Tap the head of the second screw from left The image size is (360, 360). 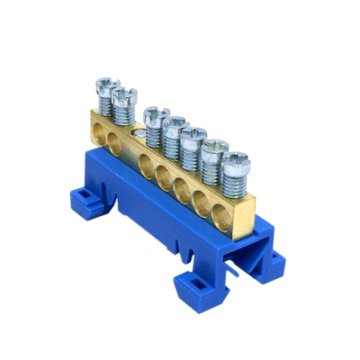click(123, 92)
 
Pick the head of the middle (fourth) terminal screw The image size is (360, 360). click(174, 121)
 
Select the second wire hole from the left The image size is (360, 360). click(113, 139)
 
